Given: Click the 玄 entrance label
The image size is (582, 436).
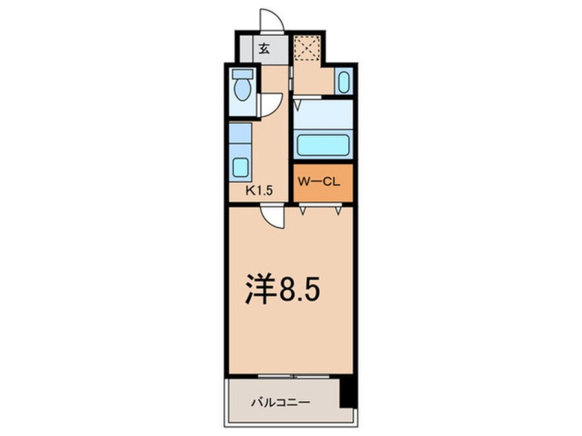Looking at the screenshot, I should [x=263, y=50].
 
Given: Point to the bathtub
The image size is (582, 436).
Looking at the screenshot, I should [x=322, y=144].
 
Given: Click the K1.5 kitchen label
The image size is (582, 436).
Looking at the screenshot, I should [x=260, y=192].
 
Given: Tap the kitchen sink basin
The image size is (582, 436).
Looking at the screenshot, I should [x=241, y=168].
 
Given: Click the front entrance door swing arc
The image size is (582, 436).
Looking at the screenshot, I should [x=272, y=19].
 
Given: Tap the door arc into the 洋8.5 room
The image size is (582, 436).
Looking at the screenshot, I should [x=274, y=217].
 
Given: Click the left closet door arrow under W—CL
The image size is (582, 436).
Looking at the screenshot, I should [x=301, y=210].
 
